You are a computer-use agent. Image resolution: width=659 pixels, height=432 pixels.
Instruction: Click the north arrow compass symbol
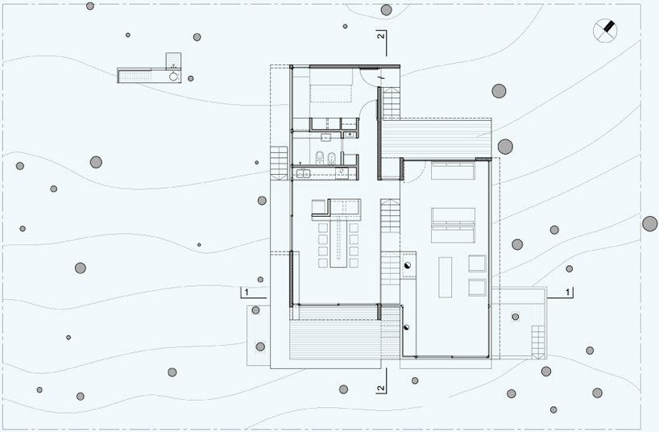point(605,31)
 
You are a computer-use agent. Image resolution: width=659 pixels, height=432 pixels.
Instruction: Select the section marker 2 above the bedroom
point(381,43)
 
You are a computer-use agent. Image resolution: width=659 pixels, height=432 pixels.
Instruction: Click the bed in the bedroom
point(331,85)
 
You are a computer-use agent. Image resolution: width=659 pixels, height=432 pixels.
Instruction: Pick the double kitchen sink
point(303,173)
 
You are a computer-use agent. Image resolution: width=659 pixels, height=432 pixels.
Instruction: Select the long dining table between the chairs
point(338,243)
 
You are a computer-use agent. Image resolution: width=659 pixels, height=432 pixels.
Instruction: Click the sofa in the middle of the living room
point(453,225)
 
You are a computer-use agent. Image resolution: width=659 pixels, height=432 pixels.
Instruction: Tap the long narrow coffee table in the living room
point(445,277)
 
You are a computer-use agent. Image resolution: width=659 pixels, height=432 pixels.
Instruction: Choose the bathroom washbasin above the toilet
point(325,137)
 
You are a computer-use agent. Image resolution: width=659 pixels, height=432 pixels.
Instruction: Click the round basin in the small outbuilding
point(173,76)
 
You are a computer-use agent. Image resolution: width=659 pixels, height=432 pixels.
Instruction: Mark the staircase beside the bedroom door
point(392,103)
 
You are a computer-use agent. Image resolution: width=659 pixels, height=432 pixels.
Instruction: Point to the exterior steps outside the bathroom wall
point(279,163)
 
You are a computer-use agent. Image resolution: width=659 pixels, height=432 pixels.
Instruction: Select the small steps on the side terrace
point(538,342)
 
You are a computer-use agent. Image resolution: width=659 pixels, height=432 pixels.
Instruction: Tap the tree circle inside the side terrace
point(516,316)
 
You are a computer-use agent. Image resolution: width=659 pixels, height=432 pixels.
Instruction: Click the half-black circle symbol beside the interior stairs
point(407,265)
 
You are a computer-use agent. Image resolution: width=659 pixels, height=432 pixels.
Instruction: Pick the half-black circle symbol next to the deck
point(406,327)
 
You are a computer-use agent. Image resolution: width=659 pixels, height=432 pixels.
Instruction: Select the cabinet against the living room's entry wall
point(453,171)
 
